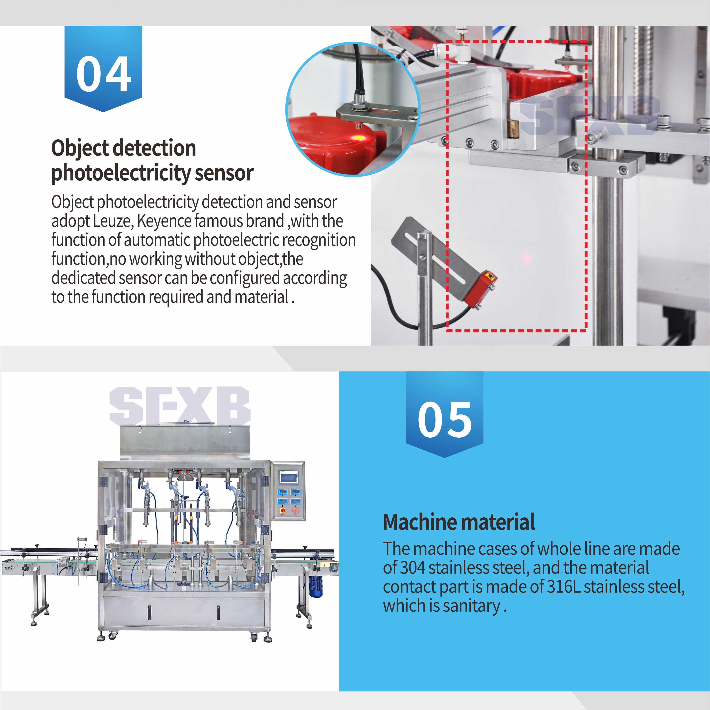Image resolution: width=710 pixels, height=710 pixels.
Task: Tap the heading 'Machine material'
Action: click(459, 522)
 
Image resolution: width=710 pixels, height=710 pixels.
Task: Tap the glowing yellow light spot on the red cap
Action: click(357, 138)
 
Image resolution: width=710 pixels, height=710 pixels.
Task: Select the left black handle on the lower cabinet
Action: click(149, 612)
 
